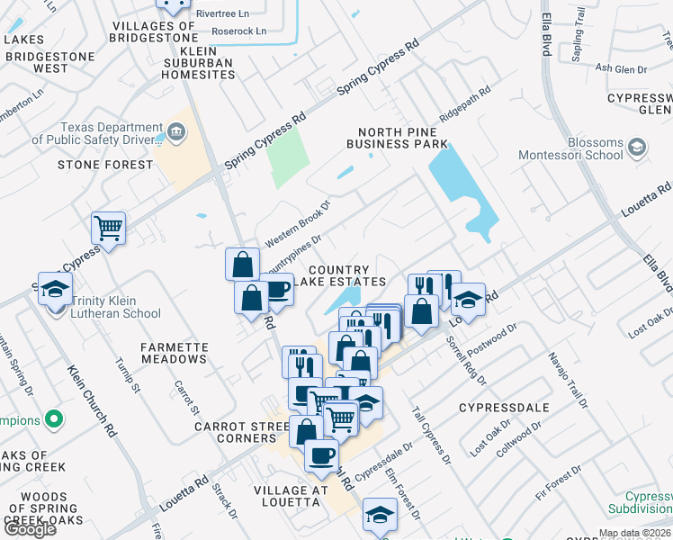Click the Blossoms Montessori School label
pyautogui.click(x=570, y=148)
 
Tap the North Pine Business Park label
pyautogui.click(x=397, y=138)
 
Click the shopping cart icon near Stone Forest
pyautogui.click(x=108, y=229)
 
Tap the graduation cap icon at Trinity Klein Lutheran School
pyautogui.click(x=54, y=289)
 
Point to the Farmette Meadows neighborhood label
pyautogui.click(x=175, y=353)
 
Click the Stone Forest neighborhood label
pyautogui.click(x=105, y=166)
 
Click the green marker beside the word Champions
pyautogui.click(x=54, y=419)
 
